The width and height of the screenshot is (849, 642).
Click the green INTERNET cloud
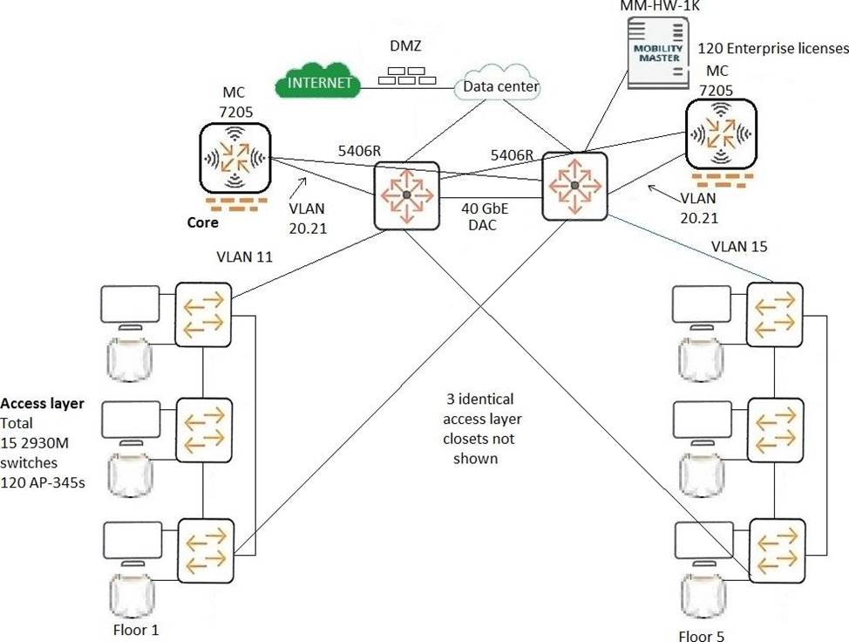click(x=317, y=83)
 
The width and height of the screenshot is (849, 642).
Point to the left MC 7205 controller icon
click(x=234, y=158)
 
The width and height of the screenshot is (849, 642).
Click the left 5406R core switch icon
click(x=405, y=195)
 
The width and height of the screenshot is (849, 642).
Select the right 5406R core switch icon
click(x=574, y=185)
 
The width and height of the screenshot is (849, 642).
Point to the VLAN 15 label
click(x=740, y=246)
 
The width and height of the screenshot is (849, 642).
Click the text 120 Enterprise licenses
click(x=773, y=48)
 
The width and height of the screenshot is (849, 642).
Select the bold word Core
click(x=203, y=222)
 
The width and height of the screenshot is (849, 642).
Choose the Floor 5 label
click(x=701, y=636)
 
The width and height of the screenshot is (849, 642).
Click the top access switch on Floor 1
click(x=202, y=311)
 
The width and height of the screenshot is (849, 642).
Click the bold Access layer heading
click(x=42, y=404)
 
